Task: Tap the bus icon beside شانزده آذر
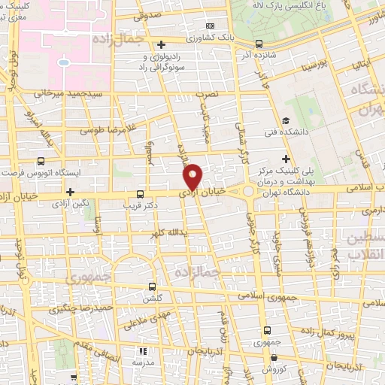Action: point(259,44)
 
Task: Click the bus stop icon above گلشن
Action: point(153,286)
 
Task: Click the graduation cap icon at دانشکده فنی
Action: point(286,122)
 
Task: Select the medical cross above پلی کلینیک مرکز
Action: point(286,159)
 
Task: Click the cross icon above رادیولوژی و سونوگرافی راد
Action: point(163,44)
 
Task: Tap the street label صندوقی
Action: point(149,14)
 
